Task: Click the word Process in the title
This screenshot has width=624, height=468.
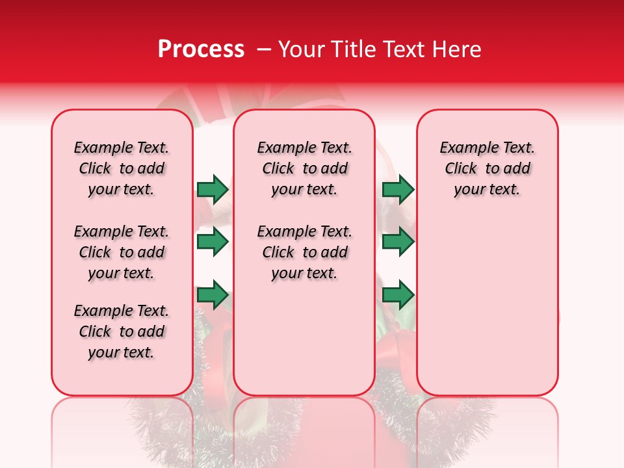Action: [x=201, y=49]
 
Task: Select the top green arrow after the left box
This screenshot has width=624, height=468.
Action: [x=213, y=189]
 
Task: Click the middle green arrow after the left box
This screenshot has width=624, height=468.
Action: [x=213, y=242]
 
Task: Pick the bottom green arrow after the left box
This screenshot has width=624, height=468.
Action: [x=213, y=296]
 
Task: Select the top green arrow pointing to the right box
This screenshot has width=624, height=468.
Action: [x=398, y=189]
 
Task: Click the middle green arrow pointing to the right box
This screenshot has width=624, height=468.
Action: [x=398, y=242]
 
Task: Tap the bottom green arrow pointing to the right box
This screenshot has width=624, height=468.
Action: [x=398, y=296]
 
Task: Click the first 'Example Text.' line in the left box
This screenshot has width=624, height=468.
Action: [x=122, y=148]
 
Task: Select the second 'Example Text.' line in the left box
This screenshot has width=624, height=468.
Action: [x=122, y=231]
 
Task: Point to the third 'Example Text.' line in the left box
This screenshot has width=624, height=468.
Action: [x=122, y=311]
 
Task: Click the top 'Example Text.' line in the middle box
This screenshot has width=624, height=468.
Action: [x=304, y=148]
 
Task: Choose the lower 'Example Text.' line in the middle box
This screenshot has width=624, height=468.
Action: [x=304, y=231]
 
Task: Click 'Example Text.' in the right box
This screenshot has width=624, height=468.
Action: [x=487, y=148]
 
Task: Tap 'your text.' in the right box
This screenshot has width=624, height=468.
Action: [x=487, y=190]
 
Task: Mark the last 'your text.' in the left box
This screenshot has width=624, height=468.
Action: [x=122, y=353]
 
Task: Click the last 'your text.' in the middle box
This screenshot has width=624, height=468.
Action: [x=304, y=274]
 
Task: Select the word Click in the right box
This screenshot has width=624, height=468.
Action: [x=461, y=169]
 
